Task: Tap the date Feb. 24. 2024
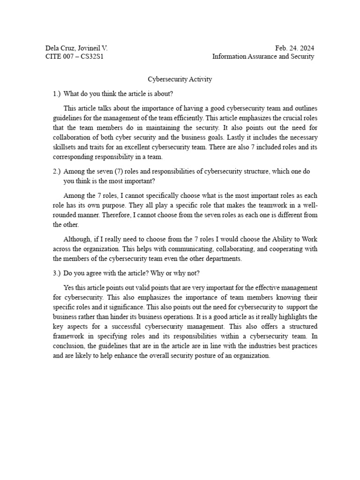point(295,48)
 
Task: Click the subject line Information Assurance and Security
point(263,57)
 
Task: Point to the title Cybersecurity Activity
point(180,79)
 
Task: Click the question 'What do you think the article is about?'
point(118,94)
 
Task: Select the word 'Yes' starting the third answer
point(69,287)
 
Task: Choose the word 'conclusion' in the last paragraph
point(69,346)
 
